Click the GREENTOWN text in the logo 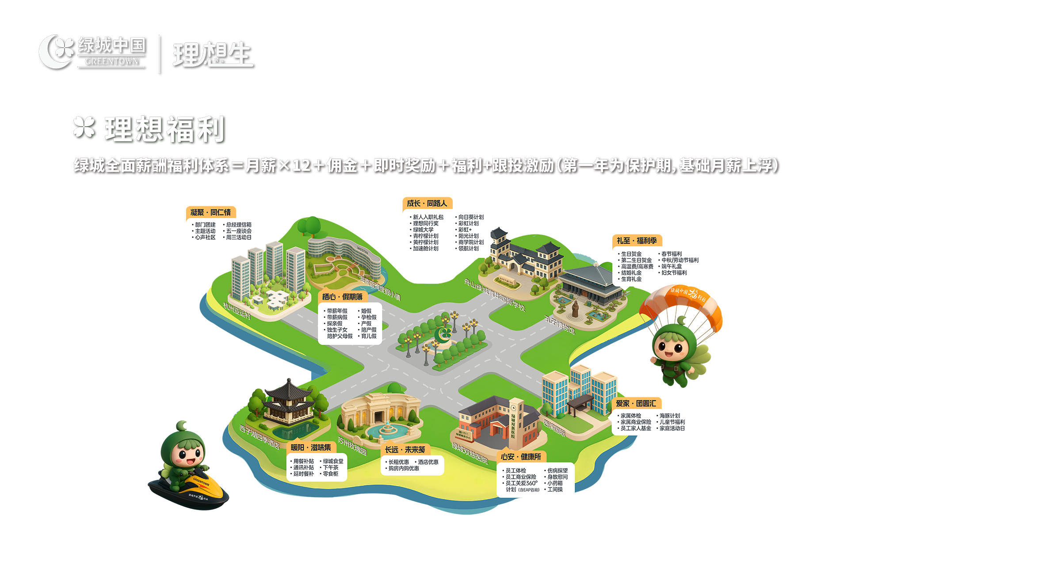(x=111, y=61)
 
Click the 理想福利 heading (x=164, y=129)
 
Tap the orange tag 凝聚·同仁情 (x=210, y=212)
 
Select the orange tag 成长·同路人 (x=427, y=203)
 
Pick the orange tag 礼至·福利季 (x=637, y=241)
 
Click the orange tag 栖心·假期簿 (x=342, y=297)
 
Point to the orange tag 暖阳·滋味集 (x=311, y=447)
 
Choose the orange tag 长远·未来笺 (x=405, y=450)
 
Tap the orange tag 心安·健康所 (x=521, y=457)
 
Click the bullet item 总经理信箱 (x=239, y=225)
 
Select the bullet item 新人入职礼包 (x=428, y=217)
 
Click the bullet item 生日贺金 (x=631, y=254)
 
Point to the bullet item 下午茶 (x=331, y=468)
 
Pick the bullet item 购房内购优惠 (x=404, y=468)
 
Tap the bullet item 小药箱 (x=555, y=484)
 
